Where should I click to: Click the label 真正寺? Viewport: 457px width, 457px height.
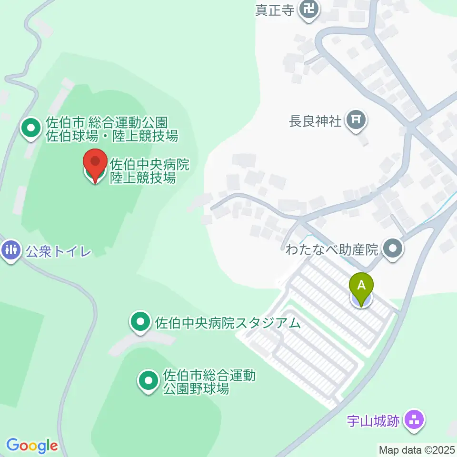(x=274, y=10)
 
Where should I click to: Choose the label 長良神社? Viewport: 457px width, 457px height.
(x=315, y=121)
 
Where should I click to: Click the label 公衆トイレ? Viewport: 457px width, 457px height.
(x=59, y=251)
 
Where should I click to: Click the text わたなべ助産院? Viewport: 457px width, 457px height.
(x=331, y=249)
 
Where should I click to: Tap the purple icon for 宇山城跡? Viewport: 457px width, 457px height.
(x=414, y=421)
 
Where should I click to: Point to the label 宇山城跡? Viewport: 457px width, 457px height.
(x=373, y=421)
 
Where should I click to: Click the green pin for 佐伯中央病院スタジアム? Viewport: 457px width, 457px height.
(x=139, y=323)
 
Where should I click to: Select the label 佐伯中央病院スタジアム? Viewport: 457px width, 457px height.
(x=228, y=323)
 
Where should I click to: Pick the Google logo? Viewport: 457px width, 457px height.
(x=32, y=446)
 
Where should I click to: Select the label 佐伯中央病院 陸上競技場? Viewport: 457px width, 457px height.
(x=150, y=171)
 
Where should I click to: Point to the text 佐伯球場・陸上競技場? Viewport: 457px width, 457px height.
(x=112, y=136)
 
